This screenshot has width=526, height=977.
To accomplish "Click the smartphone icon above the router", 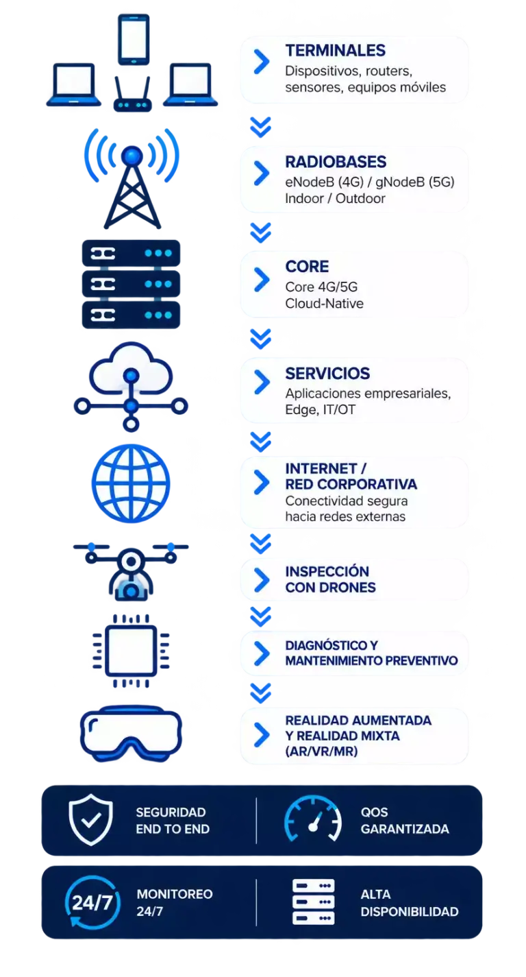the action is [134, 40].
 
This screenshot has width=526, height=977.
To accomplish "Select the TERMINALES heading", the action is [335, 51].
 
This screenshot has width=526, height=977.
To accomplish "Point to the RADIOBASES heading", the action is [336, 162].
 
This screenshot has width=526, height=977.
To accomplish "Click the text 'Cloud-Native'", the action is [324, 304].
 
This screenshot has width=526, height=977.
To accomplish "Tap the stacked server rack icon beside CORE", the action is [131, 284].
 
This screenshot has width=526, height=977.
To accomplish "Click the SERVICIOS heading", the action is [327, 374].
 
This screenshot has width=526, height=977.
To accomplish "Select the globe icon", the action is [131, 483].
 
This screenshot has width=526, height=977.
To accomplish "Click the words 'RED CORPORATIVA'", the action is [351, 484].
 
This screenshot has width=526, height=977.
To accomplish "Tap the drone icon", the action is [131, 571].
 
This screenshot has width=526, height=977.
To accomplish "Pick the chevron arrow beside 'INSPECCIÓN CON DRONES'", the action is [262, 579].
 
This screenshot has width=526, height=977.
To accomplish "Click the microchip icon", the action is [131, 651].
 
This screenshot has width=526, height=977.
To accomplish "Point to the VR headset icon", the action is [131, 734].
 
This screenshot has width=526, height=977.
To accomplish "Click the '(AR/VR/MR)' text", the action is [321, 751].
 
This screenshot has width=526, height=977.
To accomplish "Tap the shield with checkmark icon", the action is [90, 820].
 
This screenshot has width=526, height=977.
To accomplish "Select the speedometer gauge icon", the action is [313, 818].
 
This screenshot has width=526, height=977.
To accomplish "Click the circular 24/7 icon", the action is [92, 902].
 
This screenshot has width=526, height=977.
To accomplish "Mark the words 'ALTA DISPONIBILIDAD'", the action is [409, 903].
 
